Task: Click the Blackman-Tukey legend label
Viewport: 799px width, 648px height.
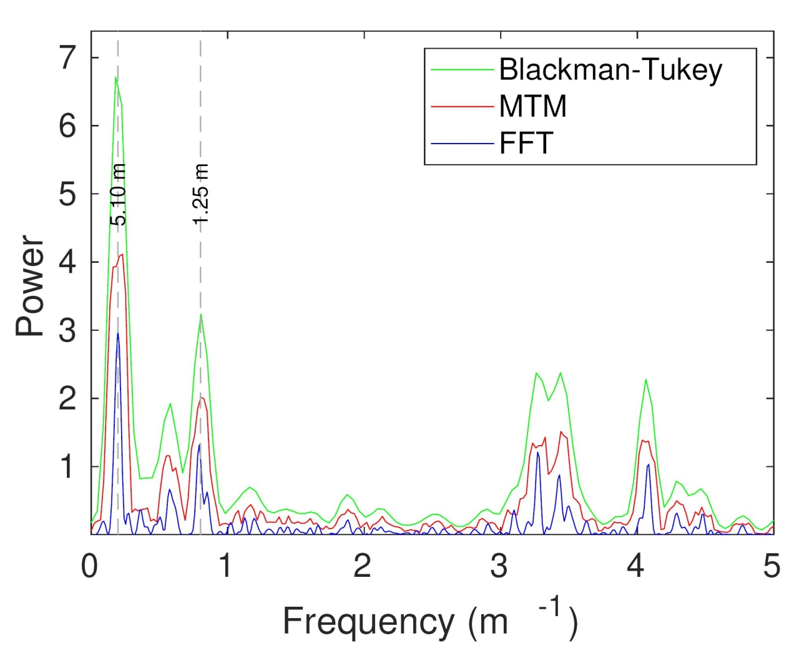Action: click(x=610, y=69)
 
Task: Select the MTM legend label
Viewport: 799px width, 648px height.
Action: click(x=532, y=106)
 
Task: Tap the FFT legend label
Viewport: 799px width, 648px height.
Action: click(x=526, y=143)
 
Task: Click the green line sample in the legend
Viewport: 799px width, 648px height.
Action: click(x=462, y=69)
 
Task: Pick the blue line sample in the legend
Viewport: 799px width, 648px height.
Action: click(x=462, y=144)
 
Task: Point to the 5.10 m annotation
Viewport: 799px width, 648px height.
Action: click(x=118, y=194)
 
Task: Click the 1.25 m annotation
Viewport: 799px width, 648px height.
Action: click(x=200, y=194)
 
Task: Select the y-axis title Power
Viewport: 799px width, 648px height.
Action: click(x=30, y=285)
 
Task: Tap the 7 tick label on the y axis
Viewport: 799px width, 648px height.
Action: click(x=67, y=58)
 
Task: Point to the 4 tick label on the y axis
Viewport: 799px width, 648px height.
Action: click(x=67, y=262)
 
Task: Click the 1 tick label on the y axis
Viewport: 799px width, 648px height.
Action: click(x=67, y=466)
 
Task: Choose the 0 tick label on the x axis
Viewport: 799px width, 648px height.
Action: click(x=90, y=566)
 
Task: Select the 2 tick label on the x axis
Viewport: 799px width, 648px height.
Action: click(x=363, y=566)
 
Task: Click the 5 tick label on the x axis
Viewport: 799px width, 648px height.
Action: click(x=772, y=566)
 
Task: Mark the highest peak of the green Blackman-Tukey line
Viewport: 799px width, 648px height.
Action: click(x=115, y=77)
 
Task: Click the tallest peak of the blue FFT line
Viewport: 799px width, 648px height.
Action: click(x=118, y=333)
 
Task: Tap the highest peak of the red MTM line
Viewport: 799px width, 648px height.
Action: click(x=122, y=254)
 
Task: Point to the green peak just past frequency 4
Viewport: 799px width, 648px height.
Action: click(x=645, y=380)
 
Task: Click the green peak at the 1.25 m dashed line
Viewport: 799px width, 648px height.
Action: click(x=200, y=314)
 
